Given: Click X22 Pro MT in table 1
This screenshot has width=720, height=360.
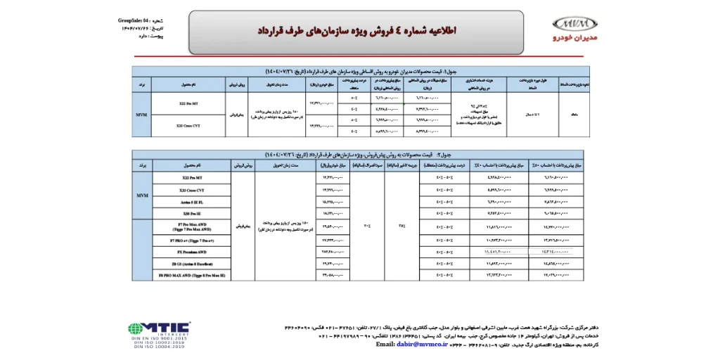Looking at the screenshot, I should click(x=188, y=103).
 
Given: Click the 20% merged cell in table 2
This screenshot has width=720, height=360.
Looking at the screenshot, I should click(x=366, y=226).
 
